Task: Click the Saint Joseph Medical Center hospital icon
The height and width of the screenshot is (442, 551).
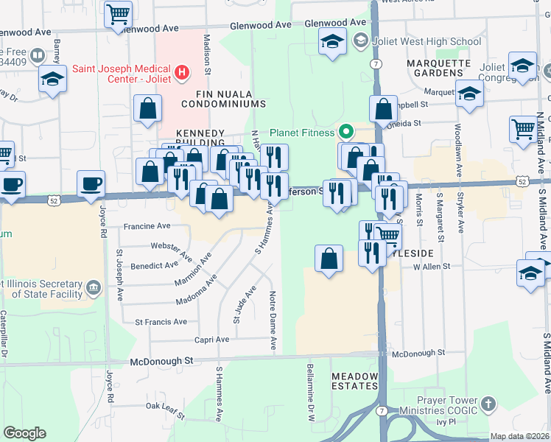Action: coord(180,74)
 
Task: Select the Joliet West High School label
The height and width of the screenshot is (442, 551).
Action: coord(427,41)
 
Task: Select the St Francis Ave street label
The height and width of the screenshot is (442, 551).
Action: coord(161,322)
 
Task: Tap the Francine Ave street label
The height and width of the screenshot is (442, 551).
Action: coord(147,226)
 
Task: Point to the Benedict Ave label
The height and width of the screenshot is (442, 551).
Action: coord(155,265)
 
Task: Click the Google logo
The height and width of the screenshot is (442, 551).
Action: coord(24,433)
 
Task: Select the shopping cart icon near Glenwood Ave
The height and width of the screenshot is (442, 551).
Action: coord(117,13)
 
